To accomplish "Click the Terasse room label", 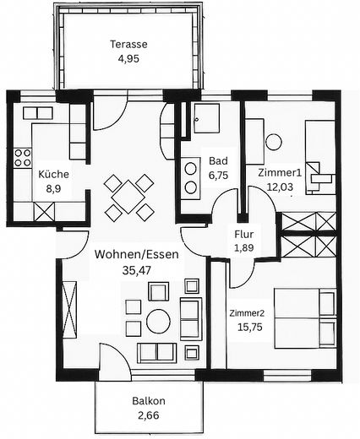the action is click(128, 45).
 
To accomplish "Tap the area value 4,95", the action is click(128, 59).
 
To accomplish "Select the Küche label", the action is click(53, 174).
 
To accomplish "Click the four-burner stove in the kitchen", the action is click(23, 158).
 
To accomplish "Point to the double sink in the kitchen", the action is click(37, 113).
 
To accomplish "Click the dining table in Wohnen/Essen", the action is click(128, 197).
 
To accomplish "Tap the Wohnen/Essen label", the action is click(137, 254).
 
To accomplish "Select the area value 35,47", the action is click(137, 270).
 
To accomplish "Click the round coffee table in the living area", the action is click(158, 321).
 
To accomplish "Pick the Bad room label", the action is click(218, 161).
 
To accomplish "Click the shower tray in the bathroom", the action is click(206, 118).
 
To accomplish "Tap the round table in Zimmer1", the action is click(274, 142).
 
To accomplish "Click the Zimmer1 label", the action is click(280, 172).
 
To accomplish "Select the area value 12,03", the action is click(280, 187).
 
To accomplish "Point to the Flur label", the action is click(244, 234).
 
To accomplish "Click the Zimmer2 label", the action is click(247, 313).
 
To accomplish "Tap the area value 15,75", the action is click(250, 327).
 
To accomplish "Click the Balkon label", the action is click(149, 401).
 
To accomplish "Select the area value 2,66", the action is click(149, 415).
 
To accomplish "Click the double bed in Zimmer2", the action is click(305, 318).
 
